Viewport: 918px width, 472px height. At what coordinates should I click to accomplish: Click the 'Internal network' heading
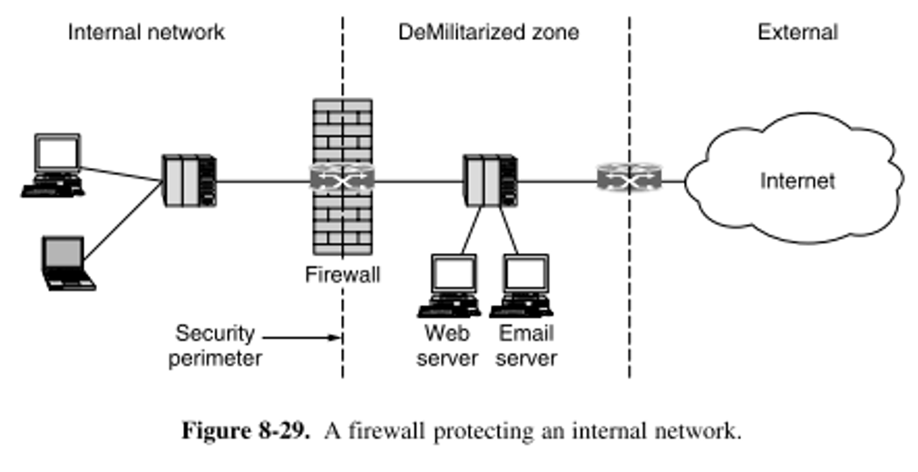pyautogui.click(x=146, y=33)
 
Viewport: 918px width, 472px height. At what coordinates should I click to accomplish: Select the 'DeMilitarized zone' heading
pyautogui.click(x=489, y=33)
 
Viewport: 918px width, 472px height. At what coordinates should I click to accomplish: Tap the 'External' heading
pyautogui.click(x=797, y=33)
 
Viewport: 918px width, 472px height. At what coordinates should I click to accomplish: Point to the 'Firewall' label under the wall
pyautogui.click(x=342, y=274)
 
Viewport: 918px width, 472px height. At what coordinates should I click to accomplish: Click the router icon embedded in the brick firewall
pyautogui.click(x=342, y=180)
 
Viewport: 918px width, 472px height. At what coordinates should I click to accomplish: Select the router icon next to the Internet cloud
pyautogui.click(x=630, y=180)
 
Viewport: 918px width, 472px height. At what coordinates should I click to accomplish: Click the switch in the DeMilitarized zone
pyautogui.click(x=490, y=180)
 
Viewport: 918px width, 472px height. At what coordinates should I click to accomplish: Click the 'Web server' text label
pyautogui.click(x=446, y=345)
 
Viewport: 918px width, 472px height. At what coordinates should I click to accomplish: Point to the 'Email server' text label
pyautogui.click(x=526, y=345)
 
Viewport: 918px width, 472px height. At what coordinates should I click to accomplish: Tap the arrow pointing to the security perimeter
pyautogui.click(x=303, y=339)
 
